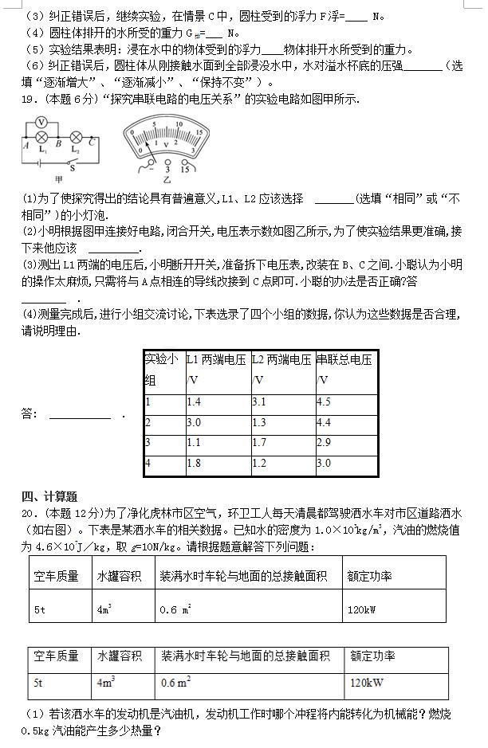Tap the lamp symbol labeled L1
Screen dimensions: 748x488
[x=43, y=136]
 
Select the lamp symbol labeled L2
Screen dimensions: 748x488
[x=77, y=136]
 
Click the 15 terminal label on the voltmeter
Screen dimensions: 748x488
[x=186, y=169]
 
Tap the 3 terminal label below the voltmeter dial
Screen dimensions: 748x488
[x=167, y=169]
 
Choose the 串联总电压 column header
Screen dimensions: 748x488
[x=344, y=360]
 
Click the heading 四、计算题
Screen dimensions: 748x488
[x=49, y=496]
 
